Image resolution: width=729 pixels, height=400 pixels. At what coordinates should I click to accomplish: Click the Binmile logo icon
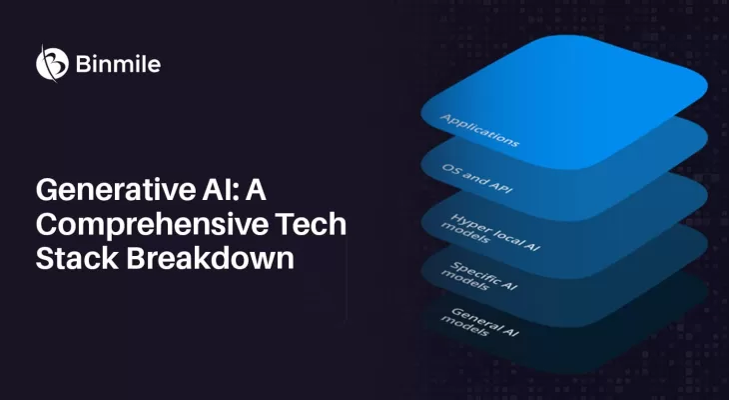point(52,63)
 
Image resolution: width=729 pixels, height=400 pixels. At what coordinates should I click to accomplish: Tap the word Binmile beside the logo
point(117,64)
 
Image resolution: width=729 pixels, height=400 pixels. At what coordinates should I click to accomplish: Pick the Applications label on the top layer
point(479,130)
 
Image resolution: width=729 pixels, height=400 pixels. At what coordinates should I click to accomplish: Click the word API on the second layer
point(501,194)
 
